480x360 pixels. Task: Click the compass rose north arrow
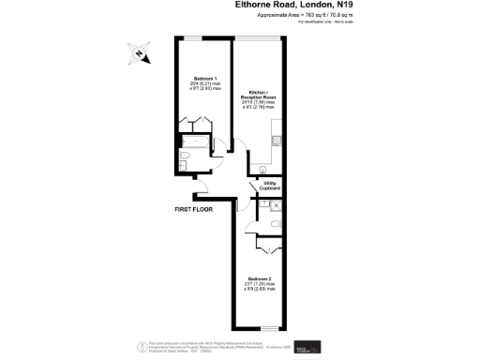pyautogui.click(x=139, y=53)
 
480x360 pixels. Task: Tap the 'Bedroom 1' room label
pyautogui.click(x=205, y=78)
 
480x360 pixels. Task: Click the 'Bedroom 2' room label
pyautogui.click(x=260, y=278)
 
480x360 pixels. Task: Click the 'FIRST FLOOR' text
pyautogui.click(x=194, y=209)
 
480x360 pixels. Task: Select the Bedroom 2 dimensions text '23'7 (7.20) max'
pyautogui.click(x=260, y=285)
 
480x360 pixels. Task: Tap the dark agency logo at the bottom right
pyautogui.click(x=307, y=345)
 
